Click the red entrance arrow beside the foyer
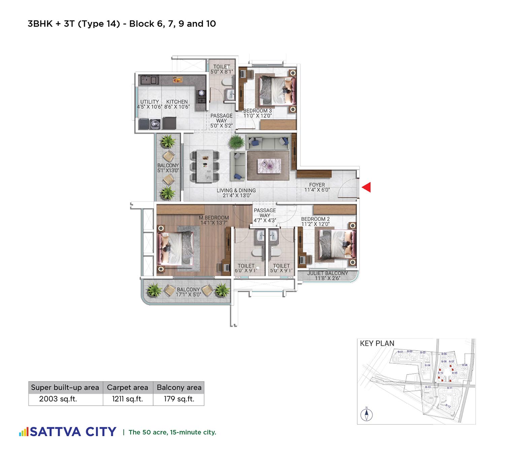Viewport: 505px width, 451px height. (x=367, y=187)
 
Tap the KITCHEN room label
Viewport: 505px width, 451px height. (x=177, y=102)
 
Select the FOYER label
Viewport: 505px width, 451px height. (x=317, y=185)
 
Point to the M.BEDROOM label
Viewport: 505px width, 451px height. (x=214, y=218)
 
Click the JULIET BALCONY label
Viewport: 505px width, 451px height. (x=327, y=273)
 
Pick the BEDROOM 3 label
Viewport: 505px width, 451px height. (x=257, y=111)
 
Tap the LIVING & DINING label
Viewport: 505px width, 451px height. (x=236, y=190)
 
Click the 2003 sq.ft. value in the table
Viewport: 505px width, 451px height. (x=58, y=399)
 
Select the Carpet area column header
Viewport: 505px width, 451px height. (x=128, y=388)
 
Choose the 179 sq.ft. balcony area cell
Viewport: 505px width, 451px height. (x=179, y=399)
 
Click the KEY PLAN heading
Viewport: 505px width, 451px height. (x=377, y=344)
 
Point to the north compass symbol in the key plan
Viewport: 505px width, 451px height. (x=366, y=414)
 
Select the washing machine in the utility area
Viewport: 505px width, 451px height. (x=155, y=124)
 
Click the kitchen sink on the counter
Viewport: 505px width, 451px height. (x=149, y=80)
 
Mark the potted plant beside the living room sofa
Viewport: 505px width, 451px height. (x=236, y=141)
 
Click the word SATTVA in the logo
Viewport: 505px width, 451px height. (x=56, y=432)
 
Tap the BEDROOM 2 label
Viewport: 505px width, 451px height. (x=315, y=219)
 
